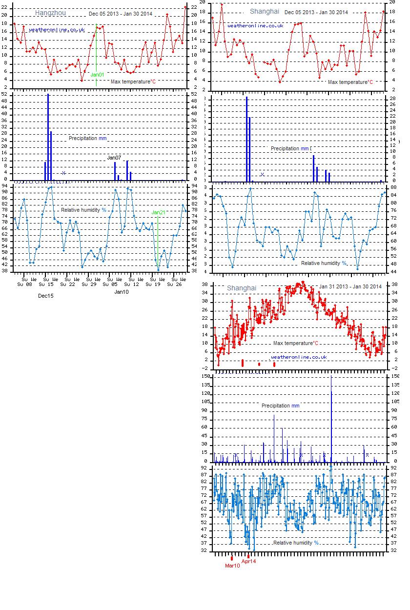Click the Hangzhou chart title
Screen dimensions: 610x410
pyautogui.click(x=50, y=13)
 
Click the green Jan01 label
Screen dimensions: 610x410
pyautogui.click(x=98, y=75)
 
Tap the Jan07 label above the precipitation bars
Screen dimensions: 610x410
pyautogui.click(x=114, y=158)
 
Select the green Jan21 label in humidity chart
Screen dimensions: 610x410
pyautogui.click(x=159, y=212)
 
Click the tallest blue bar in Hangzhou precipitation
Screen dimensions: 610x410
pyautogui.click(x=48, y=137)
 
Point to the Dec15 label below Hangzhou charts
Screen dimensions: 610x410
pyautogui.click(x=46, y=296)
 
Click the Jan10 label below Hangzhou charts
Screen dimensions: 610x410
pyautogui.click(x=122, y=292)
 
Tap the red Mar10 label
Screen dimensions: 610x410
pyautogui.click(x=232, y=566)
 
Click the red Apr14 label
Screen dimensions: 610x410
pyautogui.click(x=248, y=561)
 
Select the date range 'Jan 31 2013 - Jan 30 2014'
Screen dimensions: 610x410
pyautogui.click(x=350, y=286)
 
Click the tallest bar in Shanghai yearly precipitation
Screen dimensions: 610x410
pyautogui.click(x=331, y=420)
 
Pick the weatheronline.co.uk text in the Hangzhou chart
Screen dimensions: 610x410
pyautogui.click(x=57, y=30)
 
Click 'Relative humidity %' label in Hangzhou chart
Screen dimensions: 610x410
pyautogui.click(x=83, y=210)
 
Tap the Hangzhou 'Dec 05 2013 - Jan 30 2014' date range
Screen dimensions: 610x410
pyautogui.click(x=121, y=14)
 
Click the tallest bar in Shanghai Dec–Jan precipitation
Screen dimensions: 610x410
pyautogui.click(x=246, y=139)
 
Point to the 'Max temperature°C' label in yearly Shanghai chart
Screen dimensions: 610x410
pyautogui.click(x=295, y=343)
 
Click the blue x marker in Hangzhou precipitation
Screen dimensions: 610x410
pyautogui.click(x=64, y=173)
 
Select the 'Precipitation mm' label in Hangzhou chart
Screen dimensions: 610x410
pyautogui.click(x=87, y=138)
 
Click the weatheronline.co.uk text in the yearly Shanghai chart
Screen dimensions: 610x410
pyautogui.click(x=299, y=357)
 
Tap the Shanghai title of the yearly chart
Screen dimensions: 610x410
pyautogui.click(x=241, y=288)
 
